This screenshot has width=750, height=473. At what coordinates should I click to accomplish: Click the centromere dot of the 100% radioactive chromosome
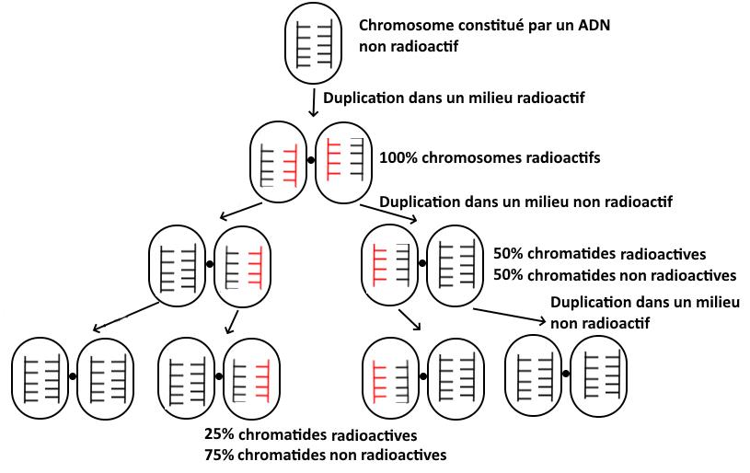click(x=311, y=160)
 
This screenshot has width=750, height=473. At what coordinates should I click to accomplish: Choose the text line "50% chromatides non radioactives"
click(x=615, y=274)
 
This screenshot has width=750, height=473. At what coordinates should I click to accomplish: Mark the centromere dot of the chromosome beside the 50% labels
click(x=422, y=262)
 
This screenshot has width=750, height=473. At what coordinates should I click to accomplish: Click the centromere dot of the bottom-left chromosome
click(x=72, y=374)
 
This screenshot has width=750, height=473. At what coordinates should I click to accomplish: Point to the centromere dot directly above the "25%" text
click(x=219, y=375)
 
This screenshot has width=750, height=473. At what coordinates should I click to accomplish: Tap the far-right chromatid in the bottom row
click(x=598, y=371)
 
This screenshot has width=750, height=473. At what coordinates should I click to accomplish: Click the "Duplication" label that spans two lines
click(x=643, y=312)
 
